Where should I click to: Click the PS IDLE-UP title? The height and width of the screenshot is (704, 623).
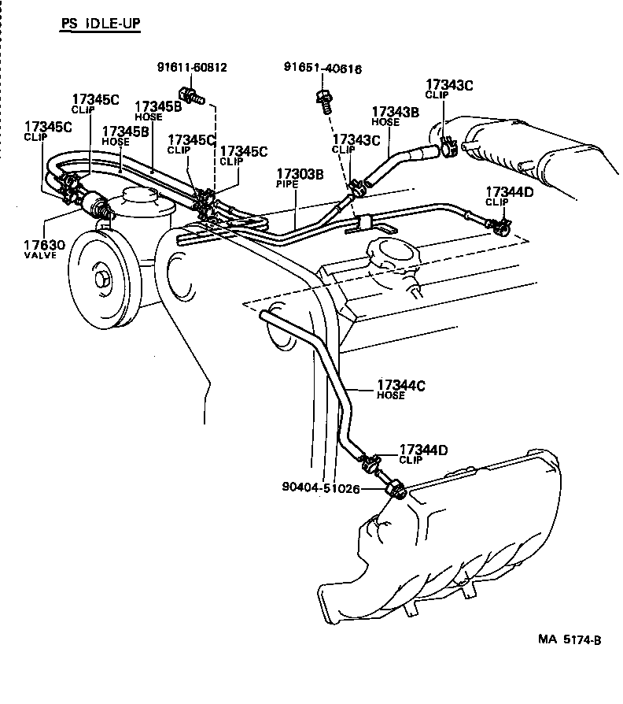pyautogui.click(x=101, y=24)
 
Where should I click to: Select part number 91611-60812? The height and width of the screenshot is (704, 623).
pyautogui.click(x=191, y=68)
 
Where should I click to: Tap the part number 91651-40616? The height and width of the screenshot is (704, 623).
pyautogui.click(x=323, y=69)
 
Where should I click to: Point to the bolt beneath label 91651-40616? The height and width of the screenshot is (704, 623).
pyautogui.click(x=323, y=99)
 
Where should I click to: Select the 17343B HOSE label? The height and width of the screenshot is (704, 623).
pyautogui.click(x=395, y=116)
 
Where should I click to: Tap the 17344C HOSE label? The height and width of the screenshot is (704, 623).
pyautogui.click(x=400, y=389)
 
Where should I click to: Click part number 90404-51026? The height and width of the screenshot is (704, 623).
pyautogui.click(x=320, y=488)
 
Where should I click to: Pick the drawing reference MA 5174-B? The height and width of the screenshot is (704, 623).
pyautogui.click(x=570, y=640)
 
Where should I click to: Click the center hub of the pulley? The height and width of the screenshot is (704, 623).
pyautogui.click(x=102, y=279)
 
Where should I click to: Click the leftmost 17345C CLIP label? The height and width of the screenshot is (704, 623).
pyautogui.click(x=48, y=130)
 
